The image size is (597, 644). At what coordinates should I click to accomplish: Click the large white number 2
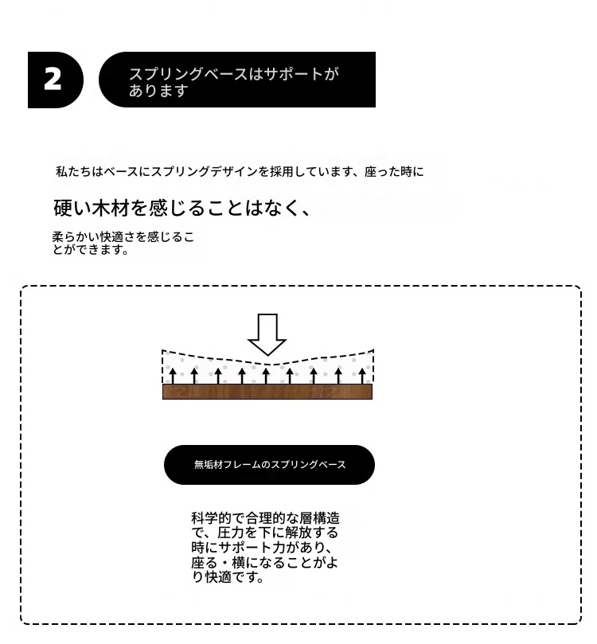point(53,80)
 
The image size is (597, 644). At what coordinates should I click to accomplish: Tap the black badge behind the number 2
point(56,80)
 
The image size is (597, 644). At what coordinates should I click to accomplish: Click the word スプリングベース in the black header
point(189,74)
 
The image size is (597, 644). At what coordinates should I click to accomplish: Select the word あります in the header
point(159,91)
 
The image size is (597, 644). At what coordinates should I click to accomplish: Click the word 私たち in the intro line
point(73,171)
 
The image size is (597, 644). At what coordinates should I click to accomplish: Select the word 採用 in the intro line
point(281,171)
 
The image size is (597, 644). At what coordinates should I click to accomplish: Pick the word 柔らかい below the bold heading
point(76,237)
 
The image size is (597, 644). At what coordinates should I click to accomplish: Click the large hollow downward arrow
point(267,334)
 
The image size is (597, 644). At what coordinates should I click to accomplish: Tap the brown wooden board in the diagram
point(267,392)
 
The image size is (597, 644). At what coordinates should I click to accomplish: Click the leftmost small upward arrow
point(173,377)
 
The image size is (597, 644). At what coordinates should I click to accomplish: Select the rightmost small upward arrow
point(361,377)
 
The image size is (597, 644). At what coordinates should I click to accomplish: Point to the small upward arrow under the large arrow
point(266,377)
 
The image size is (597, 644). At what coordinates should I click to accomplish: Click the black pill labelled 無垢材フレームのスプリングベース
point(269,465)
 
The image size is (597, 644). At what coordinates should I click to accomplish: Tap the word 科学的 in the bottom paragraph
point(211,518)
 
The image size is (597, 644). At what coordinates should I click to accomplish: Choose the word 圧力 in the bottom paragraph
point(231,533)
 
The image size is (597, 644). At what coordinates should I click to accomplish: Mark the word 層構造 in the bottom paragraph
point(320,518)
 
